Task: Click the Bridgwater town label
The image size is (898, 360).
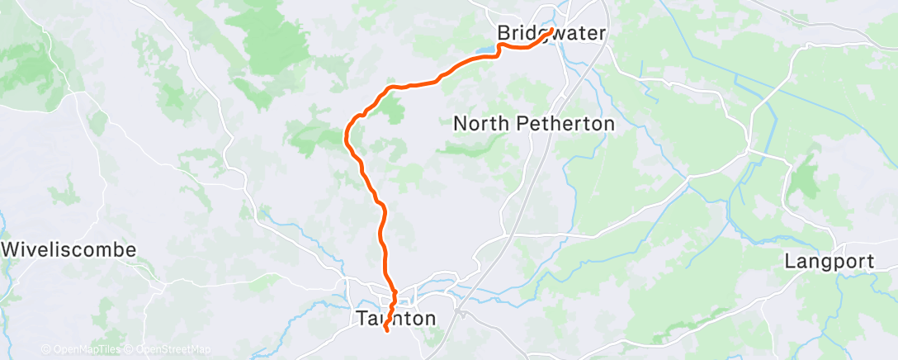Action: (551, 34)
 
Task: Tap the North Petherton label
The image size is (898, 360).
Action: (534, 124)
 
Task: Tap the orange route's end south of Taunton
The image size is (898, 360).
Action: (385, 331)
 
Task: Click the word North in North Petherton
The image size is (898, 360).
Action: (483, 124)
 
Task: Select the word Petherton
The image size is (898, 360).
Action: (565, 124)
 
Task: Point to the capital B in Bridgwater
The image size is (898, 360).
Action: (503, 34)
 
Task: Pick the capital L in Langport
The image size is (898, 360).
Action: (789, 262)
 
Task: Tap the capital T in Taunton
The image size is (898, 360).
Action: (361, 317)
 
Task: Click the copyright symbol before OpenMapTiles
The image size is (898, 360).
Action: (45, 350)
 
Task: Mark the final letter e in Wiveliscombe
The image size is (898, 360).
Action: (130, 249)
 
